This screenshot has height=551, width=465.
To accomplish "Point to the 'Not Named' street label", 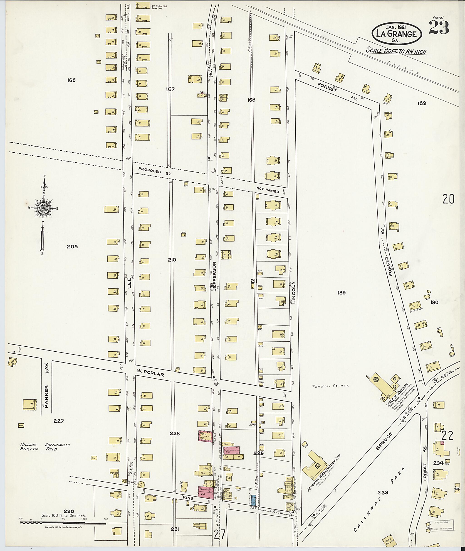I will [268, 190].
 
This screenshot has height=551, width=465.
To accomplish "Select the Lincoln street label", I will [294, 292].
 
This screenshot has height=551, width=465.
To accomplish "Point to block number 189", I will [341, 293].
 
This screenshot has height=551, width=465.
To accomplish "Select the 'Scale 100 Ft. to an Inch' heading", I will [396, 51].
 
